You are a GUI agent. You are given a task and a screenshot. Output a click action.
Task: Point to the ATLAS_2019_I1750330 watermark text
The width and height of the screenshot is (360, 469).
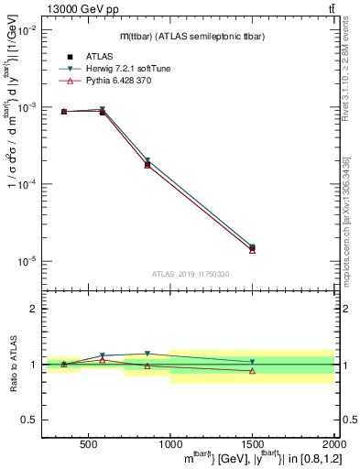click(191, 274)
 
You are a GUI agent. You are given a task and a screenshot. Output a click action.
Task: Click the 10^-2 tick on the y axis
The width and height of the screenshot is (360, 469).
click(29, 30)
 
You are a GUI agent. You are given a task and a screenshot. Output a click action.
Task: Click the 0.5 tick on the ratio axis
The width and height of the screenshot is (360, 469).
click(30, 420)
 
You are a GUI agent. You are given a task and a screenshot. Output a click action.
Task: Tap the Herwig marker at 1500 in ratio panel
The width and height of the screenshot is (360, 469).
click(252, 362)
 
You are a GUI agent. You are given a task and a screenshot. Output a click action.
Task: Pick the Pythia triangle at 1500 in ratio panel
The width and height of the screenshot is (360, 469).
click(252, 371)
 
